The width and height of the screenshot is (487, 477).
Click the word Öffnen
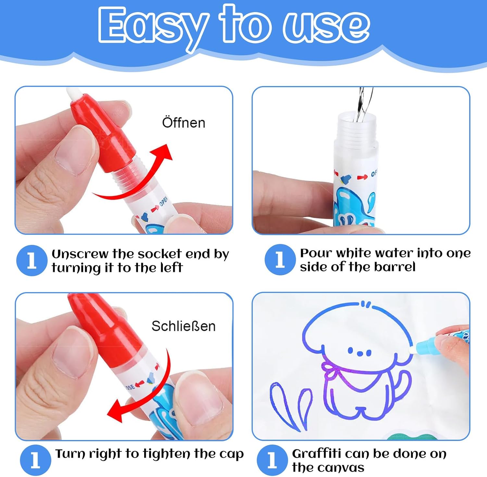point(184,122)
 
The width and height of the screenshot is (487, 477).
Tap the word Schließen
point(183,326)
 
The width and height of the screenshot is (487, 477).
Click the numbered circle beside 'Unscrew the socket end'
point(32,260)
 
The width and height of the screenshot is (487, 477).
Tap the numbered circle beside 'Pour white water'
point(280,260)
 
